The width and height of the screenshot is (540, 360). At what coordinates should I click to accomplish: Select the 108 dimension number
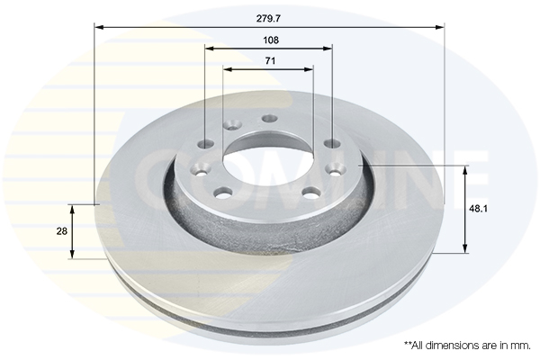[270, 40]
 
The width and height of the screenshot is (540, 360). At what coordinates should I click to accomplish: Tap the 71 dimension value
[270, 60]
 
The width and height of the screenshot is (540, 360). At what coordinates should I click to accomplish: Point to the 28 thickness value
[62, 231]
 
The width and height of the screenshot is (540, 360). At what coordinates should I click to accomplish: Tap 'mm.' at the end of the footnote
[521, 345]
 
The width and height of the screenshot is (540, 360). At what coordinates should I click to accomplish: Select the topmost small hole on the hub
[268, 119]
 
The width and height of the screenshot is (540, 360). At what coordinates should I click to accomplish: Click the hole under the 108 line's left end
[206, 144]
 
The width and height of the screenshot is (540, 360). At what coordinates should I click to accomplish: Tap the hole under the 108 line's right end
[332, 143]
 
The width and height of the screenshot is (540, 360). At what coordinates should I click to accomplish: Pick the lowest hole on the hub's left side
[222, 192]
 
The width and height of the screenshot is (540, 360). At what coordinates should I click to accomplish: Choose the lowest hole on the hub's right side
[310, 192]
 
